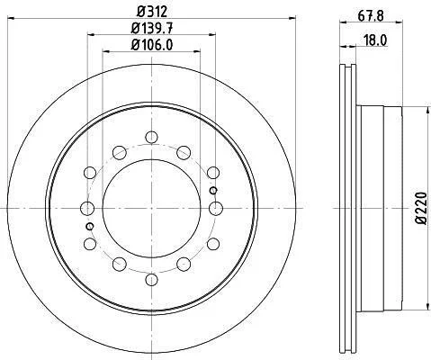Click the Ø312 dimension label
click(x=151, y=12)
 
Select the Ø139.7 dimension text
click(x=152, y=29)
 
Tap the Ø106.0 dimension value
click(x=152, y=45)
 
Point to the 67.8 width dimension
click(x=371, y=15)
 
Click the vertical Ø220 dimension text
click(x=421, y=208)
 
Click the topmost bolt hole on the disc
click(x=151, y=137)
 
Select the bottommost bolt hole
click(x=151, y=280)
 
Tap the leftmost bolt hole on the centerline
click(x=87, y=208)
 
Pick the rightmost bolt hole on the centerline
click(x=216, y=208)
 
